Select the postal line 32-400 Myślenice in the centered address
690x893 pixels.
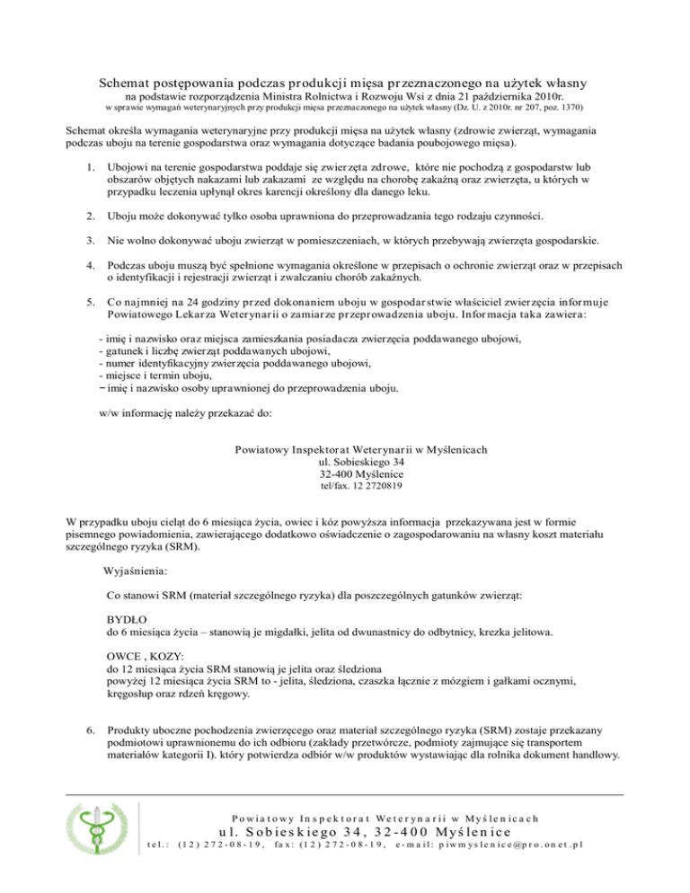pos(345,473)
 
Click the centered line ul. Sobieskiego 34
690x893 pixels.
pos(345,461)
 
